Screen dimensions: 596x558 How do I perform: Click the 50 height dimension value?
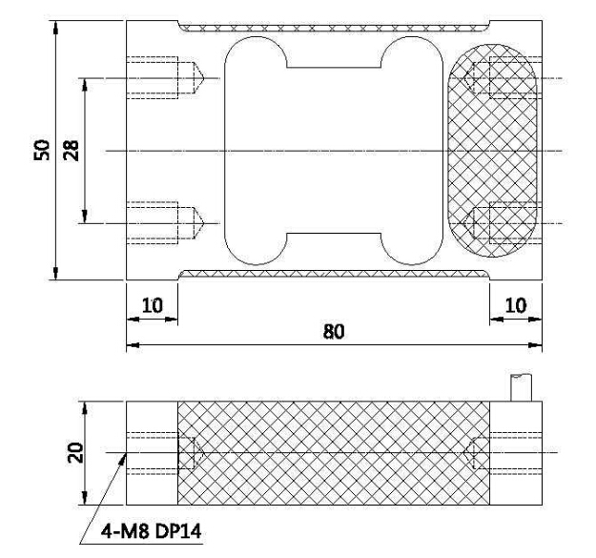pyautogui.click(x=42, y=150)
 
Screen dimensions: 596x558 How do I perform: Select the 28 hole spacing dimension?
pyautogui.click(x=72, y=151)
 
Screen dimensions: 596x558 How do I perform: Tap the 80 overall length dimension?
pyautogui.click(x=334, y=331)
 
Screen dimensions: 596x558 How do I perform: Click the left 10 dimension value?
pyautogui.click(x=152, y=305)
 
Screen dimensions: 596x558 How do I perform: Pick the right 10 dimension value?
pyautogui.click(x=515, y=305)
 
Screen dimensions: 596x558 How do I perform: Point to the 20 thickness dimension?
pyautogui.click(x=75, y=452)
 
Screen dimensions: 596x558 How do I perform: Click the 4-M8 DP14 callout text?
pyautogui.click(x=151, y=531)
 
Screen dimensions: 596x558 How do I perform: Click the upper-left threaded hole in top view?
pyautogui.click(x=165, y=78)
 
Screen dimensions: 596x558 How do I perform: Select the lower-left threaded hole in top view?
pyautogui.click(x=165, y=223)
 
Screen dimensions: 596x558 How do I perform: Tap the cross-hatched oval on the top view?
pyautogui.click(x=493, y=151)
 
